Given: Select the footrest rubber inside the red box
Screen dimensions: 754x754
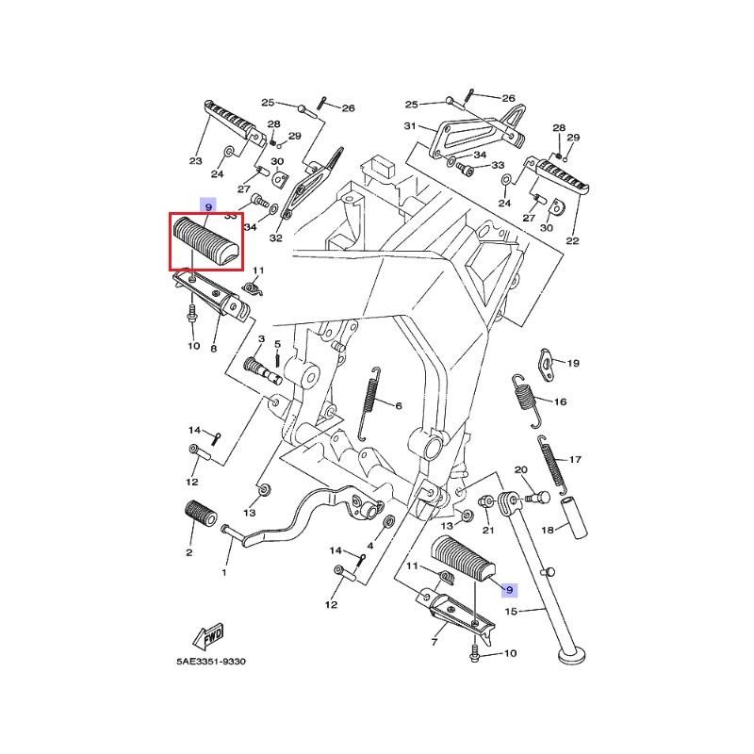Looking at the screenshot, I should coord(205,242).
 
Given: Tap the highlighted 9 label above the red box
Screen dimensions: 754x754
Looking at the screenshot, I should coord(207,205).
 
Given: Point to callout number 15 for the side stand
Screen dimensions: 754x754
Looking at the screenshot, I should coord(513,612).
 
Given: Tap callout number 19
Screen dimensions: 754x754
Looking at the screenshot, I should coord(573,363).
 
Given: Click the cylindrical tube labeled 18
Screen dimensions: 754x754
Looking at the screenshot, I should coord(574,516).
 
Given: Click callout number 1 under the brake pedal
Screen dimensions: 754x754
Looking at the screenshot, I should coord(224,572).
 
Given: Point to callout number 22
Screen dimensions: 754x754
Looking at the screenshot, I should coord(572,240).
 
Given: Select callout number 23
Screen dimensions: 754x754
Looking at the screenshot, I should coord(196,161).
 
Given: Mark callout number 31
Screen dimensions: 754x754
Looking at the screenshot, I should coord(410,126).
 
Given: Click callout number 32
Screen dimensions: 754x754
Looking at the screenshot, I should coord(275,238).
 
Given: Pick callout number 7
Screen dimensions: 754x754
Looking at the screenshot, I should coord(434,642).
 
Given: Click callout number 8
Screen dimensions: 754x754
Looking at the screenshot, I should coord(214,348).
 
